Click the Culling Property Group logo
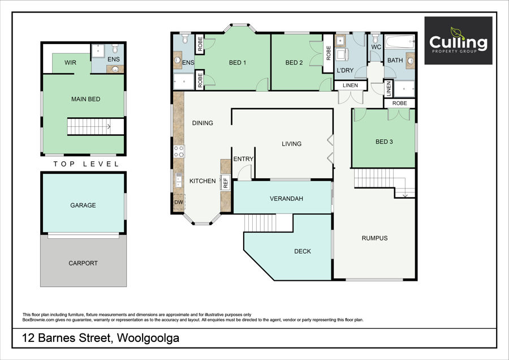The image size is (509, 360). (458, 41)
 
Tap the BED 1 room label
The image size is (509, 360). (238, 63)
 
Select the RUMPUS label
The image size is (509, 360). (374, 238)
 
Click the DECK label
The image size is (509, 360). (303, 251)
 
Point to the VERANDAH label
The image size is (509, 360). (286, 199)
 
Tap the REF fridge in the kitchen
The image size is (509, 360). (225, 182)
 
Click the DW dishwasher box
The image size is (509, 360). (179, 202)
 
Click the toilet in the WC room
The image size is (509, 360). (376, 38)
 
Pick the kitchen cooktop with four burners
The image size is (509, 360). (179, 151)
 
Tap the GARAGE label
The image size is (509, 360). (83, 205)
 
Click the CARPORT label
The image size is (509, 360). (83, 263)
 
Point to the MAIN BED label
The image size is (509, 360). (86, 99)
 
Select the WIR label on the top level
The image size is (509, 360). (71, 63)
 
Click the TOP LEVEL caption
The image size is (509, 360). (87, 164)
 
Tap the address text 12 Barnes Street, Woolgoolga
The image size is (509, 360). (100, 338)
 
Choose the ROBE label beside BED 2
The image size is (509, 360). (328, 53)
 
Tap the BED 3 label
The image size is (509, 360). (384, 142)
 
